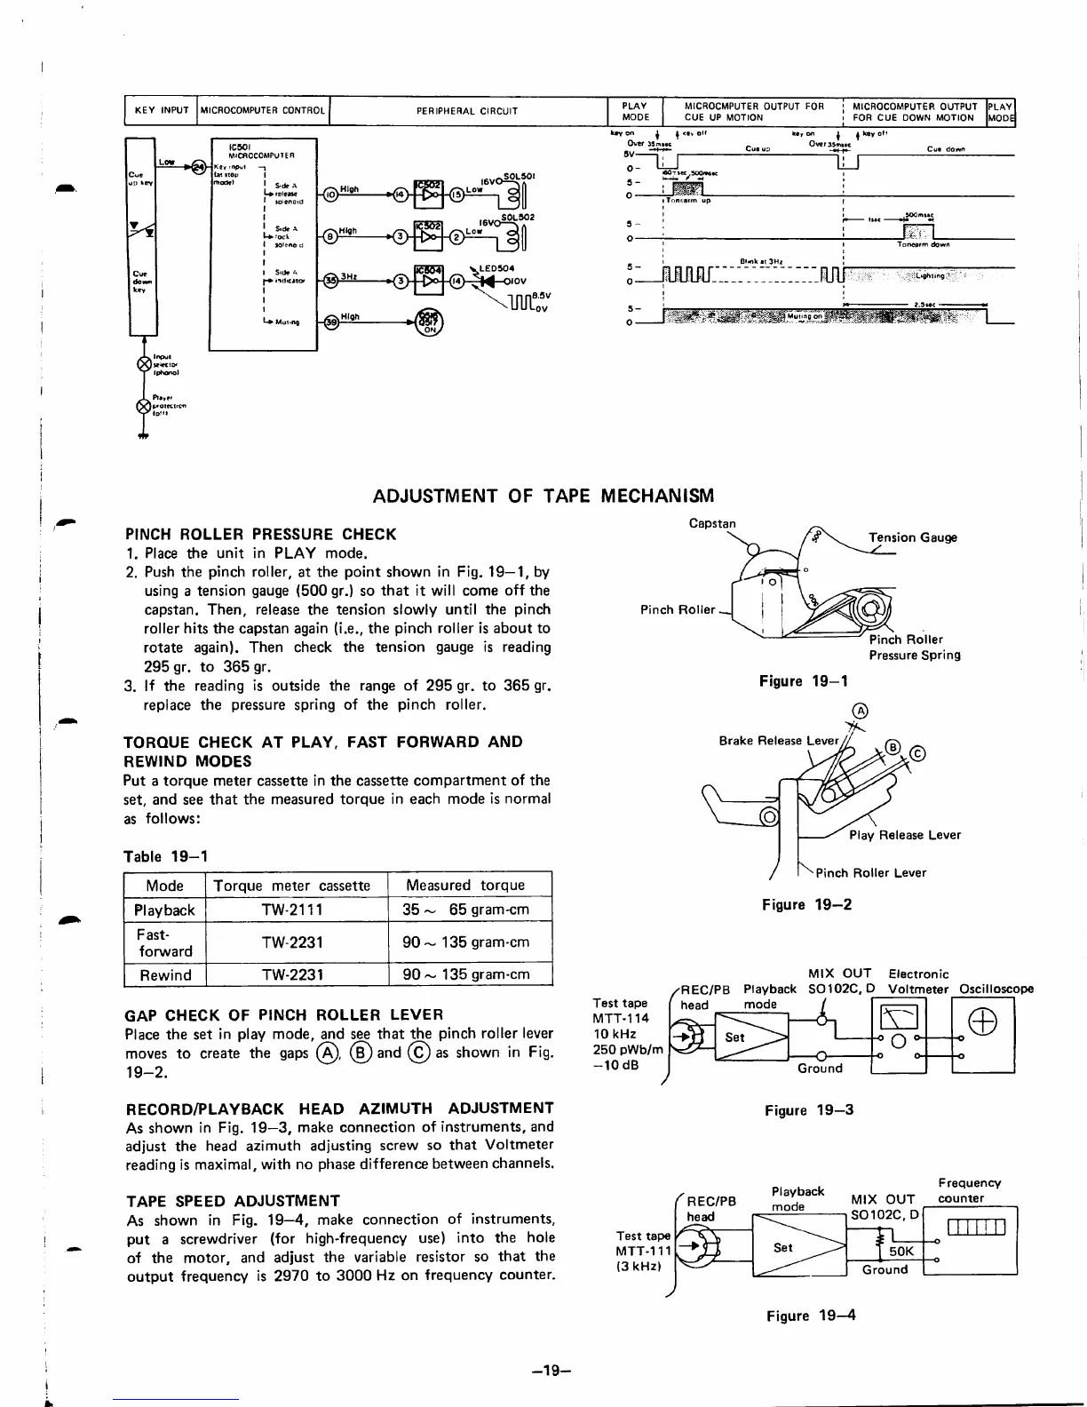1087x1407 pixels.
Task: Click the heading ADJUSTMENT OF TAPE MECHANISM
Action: click(x=543, y=496)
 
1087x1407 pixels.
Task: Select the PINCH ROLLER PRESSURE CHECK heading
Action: click(x=261, y=534)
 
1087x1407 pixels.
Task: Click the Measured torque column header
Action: click(x=464, y=885)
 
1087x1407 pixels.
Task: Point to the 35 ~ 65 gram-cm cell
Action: click(x=465, y=910)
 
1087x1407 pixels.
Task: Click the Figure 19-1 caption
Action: click(x=804, y=681)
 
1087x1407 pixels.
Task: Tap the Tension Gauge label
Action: click(x=912, y=537)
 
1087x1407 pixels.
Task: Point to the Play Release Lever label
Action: click(x=904, y=835)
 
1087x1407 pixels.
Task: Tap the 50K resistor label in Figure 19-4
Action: click(x=901, y=1251)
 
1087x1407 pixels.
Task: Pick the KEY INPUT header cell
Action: click(x=161, y=111)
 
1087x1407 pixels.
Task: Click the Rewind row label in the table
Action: click(x=165, y=974)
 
